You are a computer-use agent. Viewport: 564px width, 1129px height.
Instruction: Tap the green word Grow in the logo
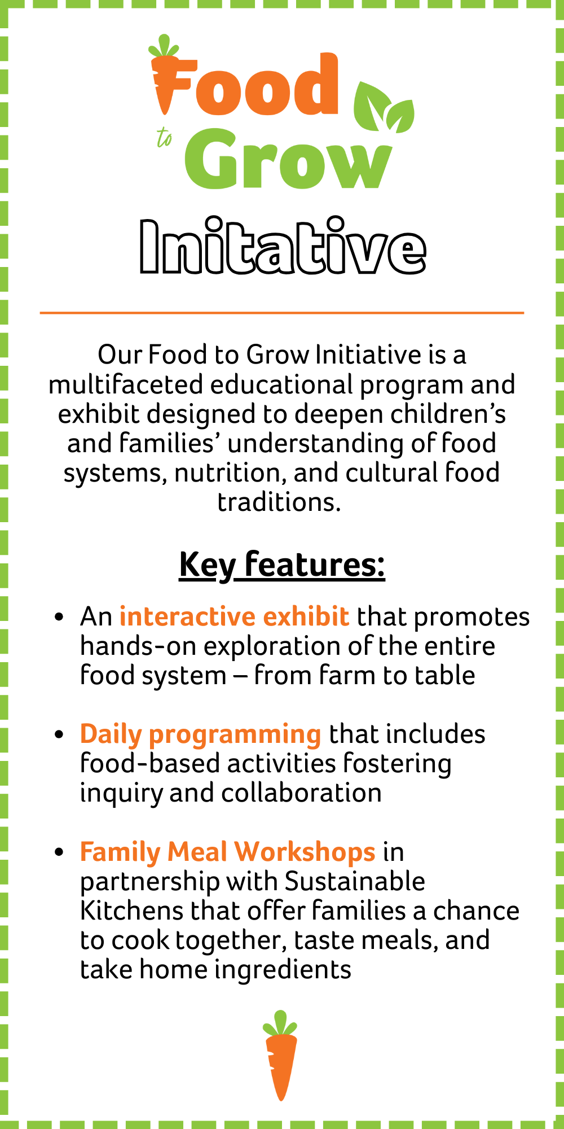(288, 159)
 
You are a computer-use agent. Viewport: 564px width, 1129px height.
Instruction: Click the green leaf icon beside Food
(384, 107)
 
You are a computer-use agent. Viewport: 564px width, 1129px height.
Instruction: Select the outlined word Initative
(283, 246)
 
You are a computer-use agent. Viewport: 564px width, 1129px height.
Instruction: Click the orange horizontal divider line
(282, 312)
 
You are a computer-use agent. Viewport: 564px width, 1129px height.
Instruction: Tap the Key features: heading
(282, 564)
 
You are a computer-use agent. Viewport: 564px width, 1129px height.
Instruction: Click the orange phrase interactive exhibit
(234, 616)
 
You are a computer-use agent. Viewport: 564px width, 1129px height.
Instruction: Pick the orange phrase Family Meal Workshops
(227, 852)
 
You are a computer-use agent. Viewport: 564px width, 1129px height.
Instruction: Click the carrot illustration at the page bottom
(280, 1055)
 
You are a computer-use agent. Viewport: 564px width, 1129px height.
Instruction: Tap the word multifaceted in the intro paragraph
(126, 384)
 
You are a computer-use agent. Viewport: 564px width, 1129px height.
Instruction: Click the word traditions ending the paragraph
(279, 502)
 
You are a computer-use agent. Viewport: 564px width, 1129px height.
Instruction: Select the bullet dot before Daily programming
(59, 735)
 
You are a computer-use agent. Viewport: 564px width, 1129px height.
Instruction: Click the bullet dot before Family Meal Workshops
(59, 852)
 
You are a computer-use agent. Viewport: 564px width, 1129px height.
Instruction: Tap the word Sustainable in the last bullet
(355, 881)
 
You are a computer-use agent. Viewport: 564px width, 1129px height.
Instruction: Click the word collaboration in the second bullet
(301, 793)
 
